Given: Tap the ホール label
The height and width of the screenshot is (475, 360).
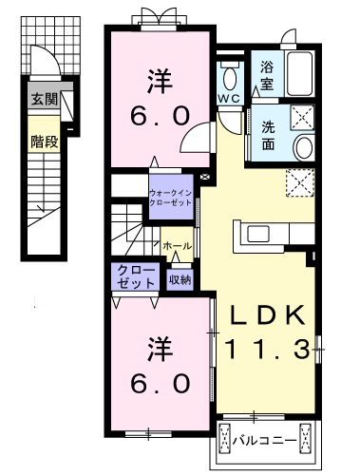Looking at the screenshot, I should click(x=177, y=246).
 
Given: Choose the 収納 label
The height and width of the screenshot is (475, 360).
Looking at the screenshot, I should click(x=180, y=278).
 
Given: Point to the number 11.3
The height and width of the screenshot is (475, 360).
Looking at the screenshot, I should click(x=265, y=351).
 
